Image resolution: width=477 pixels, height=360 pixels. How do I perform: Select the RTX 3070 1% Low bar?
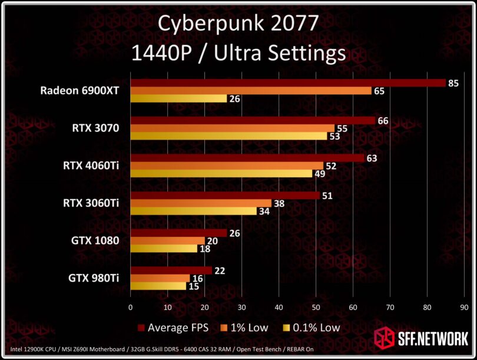click(232, 128)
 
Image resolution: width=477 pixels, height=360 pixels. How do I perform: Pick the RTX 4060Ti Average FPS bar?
click(247, 158)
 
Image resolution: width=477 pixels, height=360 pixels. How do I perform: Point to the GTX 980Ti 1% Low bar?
click(160, 279)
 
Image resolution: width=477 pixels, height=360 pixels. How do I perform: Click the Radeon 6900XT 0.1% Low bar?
click(178, 98)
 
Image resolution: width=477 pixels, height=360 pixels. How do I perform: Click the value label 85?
click(453, 83)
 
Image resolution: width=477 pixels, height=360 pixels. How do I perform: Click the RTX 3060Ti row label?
click(91, 203)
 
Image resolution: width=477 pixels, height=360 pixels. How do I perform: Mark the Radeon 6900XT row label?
click(79, 91)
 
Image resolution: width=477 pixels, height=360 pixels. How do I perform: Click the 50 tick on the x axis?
click(316, 307)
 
